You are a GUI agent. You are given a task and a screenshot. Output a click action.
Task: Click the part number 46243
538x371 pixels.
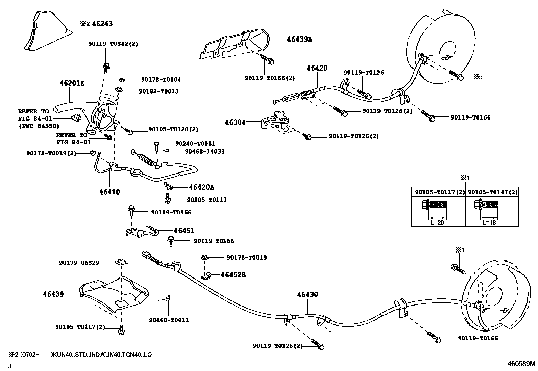[102, 24]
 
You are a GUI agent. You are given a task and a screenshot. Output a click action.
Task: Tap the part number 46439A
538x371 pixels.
[299, 39]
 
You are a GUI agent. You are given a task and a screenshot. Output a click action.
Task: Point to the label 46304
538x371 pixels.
[236, 122]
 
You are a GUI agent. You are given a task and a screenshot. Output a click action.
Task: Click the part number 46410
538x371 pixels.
[109, 192]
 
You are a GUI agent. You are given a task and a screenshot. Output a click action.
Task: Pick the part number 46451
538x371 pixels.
[184, 231]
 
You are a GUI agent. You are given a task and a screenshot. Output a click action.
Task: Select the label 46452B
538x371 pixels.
[233, 275]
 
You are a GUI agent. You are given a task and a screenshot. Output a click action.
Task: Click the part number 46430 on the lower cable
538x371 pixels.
[308, 295]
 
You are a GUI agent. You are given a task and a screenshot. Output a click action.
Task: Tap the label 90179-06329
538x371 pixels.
[79, 263]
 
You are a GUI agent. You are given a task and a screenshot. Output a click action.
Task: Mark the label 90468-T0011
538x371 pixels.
[169, 320]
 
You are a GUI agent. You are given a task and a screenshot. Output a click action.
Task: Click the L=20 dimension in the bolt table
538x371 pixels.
[437, 222]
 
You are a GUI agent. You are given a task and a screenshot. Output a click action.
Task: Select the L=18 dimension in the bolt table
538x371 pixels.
[489, 222]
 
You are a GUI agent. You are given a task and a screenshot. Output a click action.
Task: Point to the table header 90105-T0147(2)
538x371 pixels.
[492, 192]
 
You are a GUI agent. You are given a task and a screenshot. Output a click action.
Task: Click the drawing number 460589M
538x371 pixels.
[521, 364]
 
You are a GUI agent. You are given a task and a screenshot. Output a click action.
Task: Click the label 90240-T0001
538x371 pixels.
[195, 143]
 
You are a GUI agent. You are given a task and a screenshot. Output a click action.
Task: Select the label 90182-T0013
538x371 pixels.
[158, 91]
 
